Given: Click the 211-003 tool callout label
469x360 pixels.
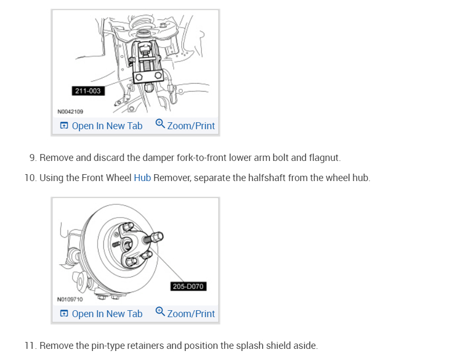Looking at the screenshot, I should pyautogui.click(x=87, y=91).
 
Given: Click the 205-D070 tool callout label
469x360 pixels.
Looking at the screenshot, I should pyautogui.click(x=188, y=286).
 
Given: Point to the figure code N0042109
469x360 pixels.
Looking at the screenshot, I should pyautogui.click(x=70, y=112).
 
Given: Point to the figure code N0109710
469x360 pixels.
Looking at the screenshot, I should pyautogui.click(x=70, y=300).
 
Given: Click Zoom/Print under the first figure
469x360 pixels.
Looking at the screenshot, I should pyautogui.click(x=191, y=126).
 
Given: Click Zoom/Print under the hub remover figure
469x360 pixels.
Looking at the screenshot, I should pyautogui.click(x=191, y=314).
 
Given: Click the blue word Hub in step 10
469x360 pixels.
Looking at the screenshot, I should pyautogui.click(x=142, y=178).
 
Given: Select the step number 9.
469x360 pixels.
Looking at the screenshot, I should pyautogui.click(x=32, y=158).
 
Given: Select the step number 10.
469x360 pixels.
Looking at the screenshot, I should pyautogui.click(x=30, y=178).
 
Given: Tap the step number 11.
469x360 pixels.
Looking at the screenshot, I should pyautogui.click(x=30, y=346).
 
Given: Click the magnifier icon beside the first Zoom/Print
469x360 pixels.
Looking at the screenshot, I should pyautogui.click(x=160, y=124).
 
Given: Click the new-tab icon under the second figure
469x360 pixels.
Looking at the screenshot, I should pyautogui.click(x=64, y=314).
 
